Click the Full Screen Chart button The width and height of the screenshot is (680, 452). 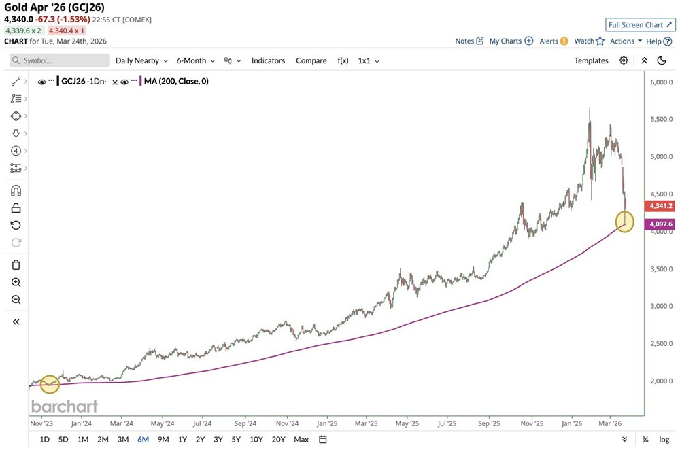[x=641, y=25]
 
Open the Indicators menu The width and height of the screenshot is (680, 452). [x=268, y=60]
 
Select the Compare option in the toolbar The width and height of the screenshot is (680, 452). [x=311, y=60]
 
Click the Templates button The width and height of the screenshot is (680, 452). [x=591, y=60]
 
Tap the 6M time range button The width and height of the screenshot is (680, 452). [x=143, y=439]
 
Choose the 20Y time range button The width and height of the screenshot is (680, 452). [x=278, y=439]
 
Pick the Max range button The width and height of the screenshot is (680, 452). [x=301, y=439]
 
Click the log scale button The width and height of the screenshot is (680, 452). [x=664, y=439]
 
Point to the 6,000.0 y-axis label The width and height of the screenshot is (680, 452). [x=662, y=82]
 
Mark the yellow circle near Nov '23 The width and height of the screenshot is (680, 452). [x=50, y=385]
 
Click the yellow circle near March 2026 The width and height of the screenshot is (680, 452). [x=624, y=221]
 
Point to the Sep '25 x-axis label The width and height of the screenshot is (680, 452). [x=490, y=422]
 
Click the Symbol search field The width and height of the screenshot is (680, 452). [x=60, y=60]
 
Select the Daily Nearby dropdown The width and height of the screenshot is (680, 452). [x=141, y=60]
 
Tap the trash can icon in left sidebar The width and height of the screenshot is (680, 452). [x=16, y=265]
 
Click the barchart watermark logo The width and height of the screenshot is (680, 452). [x=65, y=406]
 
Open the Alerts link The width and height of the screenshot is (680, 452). [x=554, y=41]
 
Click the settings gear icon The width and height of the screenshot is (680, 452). [x=624, y=60]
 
